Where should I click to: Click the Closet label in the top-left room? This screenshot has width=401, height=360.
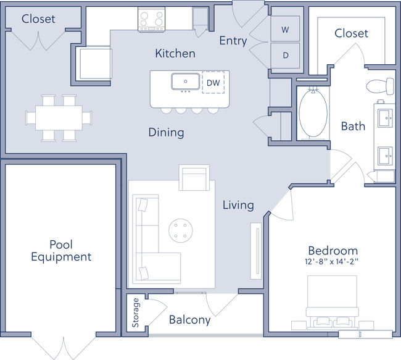pyautogui.click(x=38, y=19)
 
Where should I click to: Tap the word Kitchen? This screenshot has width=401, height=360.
pyautogui.click(x=175, y=54)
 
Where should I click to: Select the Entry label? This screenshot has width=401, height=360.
pyautogui.click(x=233, y=41)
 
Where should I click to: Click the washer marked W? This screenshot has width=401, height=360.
pyautogui.click(x=286, y=30)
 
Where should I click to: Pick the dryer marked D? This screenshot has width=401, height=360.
pyautogui.click(x=286, y=55)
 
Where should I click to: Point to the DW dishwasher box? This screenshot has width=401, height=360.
pyautogui.click(x=213, y=82)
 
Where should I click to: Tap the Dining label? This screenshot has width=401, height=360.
pyautogui.click(x=166, y=132)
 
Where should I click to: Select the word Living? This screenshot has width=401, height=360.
pyautogui.click(x=238, y=204)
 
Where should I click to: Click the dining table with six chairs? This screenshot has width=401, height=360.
pyautogui.click(x=54, y=117)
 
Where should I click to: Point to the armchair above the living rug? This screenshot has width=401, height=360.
pyautogui.click(x=194, y=178)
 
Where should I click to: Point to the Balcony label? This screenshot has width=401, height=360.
pyautogui.click(x=190, y=320)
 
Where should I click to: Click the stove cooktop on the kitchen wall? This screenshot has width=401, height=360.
pyautogui.click(x=152, y=19)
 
